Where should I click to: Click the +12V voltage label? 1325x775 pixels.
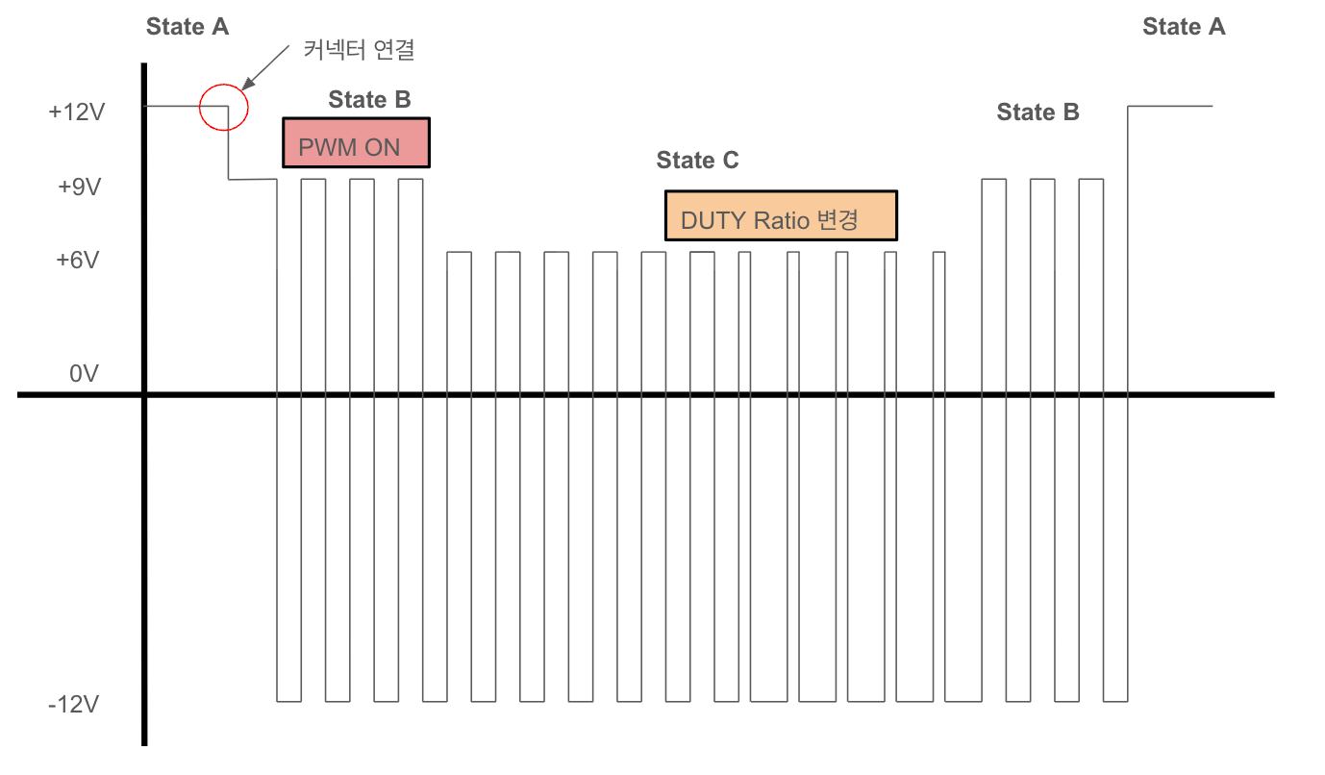pyautogui.click(x=75, y=112)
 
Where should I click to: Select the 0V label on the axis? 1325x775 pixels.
pyautogui.click(x=84, y=373)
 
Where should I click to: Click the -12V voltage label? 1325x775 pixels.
pyautogui.click(x=74, y=705)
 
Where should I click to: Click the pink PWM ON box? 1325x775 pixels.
pyautogui.click(x=356, y=143)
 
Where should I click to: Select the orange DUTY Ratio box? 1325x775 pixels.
pyautogui.click(x=781, y=215)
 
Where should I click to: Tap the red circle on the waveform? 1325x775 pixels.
pyautogui.click(x=224, y=106)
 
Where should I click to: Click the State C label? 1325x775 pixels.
pyautogui.click(x=697, y=161)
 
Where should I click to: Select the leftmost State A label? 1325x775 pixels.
pyautogui.click(x=187, y=27)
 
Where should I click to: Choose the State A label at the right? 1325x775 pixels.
pyautogui.click(x=1184, y=27)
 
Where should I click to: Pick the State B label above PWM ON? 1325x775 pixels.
pyautogui.click(x=369, y=99)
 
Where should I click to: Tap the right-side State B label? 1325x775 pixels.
pyautogui.click(x=1037, y=112)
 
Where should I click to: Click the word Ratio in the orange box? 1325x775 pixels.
pyautogui.click(x=781, y=220)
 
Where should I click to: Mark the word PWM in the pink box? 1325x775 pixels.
pyautogui.click(x=327, y=148)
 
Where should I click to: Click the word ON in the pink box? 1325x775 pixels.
pyautogui.click(x=383, y=148)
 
